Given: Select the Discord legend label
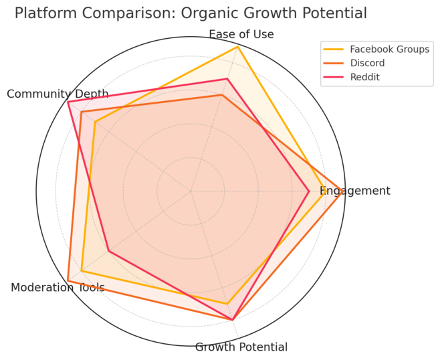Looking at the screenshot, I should coord(367,63).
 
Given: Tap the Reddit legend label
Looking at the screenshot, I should coord(364,77).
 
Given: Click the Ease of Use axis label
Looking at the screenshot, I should coord(241,35).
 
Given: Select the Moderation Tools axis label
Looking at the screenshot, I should coord(58,288).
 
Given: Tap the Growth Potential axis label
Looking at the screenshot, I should coord(241,347).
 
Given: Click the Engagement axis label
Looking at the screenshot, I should coord(355,191).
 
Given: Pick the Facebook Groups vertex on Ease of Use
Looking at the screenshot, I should coord(237,48).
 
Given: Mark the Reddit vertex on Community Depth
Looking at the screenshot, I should coord(68,102).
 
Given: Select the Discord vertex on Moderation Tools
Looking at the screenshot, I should coord(68,280).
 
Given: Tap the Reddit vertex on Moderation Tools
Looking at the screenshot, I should coord(108,251).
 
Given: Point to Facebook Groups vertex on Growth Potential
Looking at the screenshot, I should coord(227,304).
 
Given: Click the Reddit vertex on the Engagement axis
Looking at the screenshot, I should coord(309,191).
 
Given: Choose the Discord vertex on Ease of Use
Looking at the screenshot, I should coord(222,95).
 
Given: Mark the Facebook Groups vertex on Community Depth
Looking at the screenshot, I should coord(95,122).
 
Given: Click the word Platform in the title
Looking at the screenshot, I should coord(44,13).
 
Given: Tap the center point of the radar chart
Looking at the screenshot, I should coord(191,191).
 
